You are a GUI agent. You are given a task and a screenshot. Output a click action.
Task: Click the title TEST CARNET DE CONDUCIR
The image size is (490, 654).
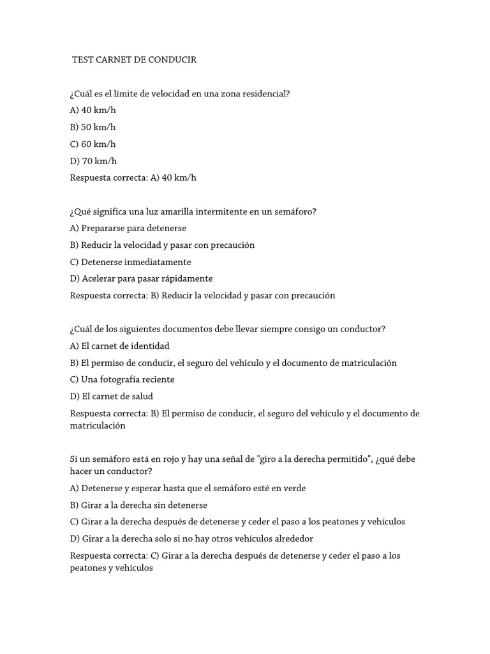pyautogui.click(x=135, y=60)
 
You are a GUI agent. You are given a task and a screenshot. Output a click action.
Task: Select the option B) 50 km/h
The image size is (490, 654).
pyautogui.click(x=93, y=127)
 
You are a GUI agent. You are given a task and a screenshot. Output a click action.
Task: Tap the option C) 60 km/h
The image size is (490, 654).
pyautogui.click(x=93, y=144)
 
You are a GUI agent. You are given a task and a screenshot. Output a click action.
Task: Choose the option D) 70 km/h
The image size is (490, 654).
pyautogui.click(x=93, y=161)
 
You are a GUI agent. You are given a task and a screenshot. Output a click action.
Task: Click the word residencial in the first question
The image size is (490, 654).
pyautogui.click(x=265, y=94)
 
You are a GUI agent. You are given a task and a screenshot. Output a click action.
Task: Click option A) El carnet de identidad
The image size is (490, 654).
pyautogui.click(x=119, y=346)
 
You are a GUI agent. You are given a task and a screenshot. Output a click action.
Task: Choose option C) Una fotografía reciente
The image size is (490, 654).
pyautogui.click(x=122, y=379)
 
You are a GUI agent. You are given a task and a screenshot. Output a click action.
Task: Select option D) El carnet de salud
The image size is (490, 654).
pyautogui.click(x=112, y=397)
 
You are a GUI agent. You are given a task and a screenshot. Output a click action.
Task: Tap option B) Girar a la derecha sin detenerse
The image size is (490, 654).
pyautogui.click(x=138, y=505)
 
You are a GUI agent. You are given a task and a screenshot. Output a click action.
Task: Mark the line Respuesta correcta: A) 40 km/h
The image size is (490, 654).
pyautogui.click(x=133, y=178)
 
